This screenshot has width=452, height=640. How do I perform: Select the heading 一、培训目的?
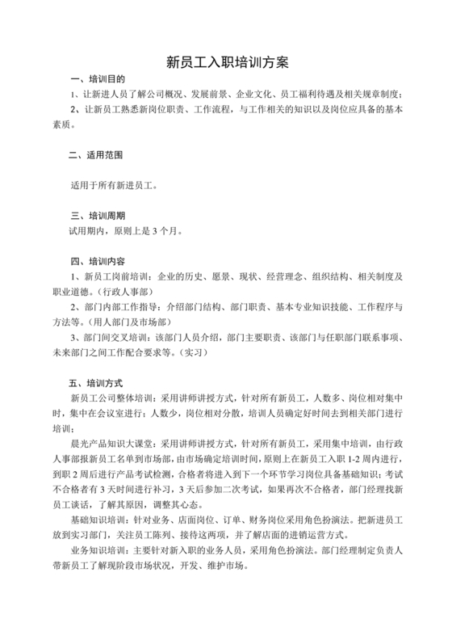(x=98, y=79)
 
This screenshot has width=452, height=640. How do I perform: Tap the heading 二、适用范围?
(x=98, y=154)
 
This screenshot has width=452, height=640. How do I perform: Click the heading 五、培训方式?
(x=98, y=381)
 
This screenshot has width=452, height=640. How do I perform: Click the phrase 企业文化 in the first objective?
(x=256, y=94)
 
